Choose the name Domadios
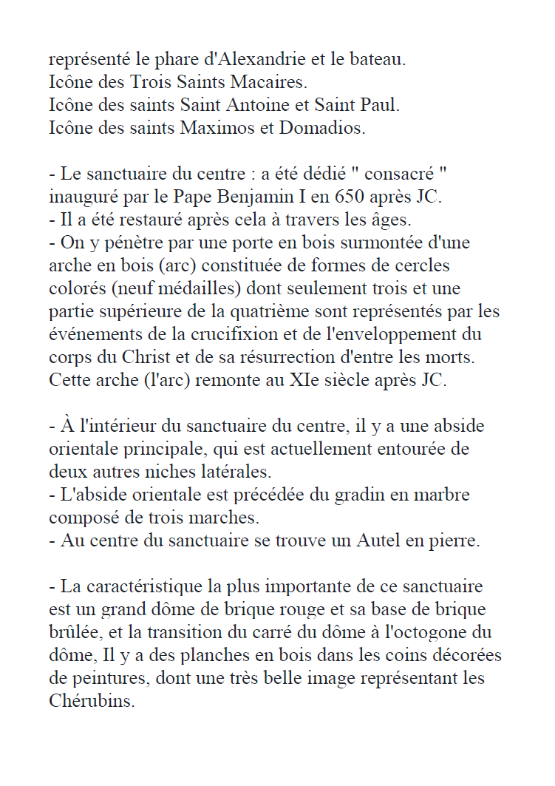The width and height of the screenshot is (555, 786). (321, 128)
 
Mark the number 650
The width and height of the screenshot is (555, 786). (350, 197)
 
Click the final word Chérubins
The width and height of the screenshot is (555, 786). (92, 702)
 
